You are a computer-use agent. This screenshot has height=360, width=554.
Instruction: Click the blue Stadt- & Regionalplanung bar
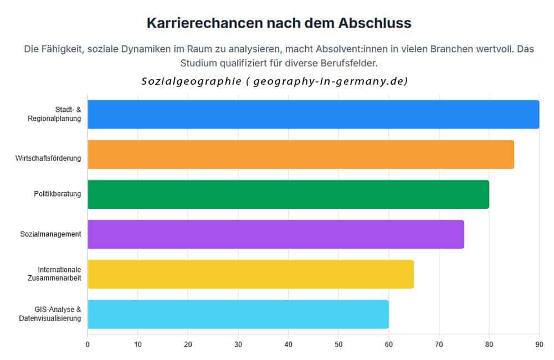tap(313, 115)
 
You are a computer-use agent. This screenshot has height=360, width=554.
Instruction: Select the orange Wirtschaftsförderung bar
tap(301, 155)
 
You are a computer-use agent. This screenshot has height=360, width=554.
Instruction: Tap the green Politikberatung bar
tap(288, 194)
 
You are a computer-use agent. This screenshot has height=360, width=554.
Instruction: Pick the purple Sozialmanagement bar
tap(275, 234)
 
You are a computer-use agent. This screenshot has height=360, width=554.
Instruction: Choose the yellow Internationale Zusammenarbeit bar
tap(250, 274)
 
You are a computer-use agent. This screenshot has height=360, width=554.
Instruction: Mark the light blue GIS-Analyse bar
tap(238, 314)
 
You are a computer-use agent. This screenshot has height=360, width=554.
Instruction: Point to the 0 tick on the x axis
tap(88, 344)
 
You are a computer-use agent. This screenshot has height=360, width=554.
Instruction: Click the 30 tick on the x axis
tap(238, 344)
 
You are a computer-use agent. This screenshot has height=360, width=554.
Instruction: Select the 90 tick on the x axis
tap(539, 344)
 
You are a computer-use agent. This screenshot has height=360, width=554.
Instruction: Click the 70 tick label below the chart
tap(439, 344)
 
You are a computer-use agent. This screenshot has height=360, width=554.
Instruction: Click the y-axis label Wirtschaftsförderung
tap(48, 158)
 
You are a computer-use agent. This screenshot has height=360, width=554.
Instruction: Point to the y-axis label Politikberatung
tap(58, 194)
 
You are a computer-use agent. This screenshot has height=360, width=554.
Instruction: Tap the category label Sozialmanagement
tap(51, 234)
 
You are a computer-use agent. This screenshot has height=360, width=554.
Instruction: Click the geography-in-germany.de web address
tap(330, 81)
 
